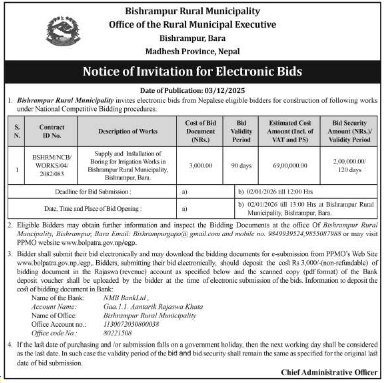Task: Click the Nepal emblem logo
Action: tap(63, 31)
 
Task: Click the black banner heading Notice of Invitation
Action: tap(192, 72)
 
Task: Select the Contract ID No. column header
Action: tap(51, 131)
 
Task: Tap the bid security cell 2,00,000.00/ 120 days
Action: tap(349, 166)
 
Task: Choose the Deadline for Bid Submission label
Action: tap(93, 192)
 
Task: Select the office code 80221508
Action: tap(118, 333)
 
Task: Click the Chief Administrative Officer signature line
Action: tap(329, 372)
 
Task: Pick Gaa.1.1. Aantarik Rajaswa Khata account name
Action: tap(153, 307)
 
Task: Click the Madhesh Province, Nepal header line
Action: tap(192, 51)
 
